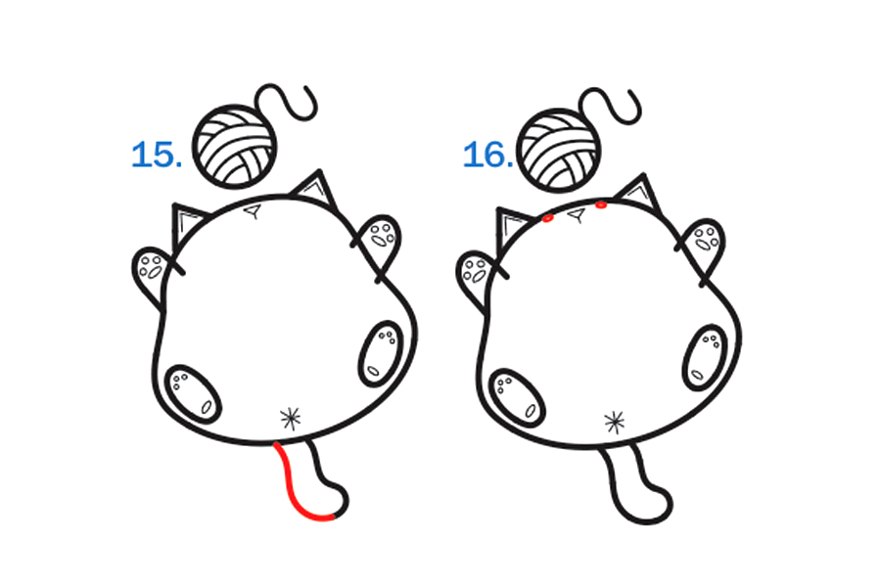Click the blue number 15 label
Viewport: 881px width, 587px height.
click(157, 155)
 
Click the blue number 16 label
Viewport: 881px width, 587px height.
click(487, 155)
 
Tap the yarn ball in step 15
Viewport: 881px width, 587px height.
click(235, 146)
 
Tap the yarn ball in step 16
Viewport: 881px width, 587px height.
click(559, 150)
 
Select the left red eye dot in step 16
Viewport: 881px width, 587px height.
click(548, 218)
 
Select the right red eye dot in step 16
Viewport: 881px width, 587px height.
click(601, 205)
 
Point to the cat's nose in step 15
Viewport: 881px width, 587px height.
click(253, 211)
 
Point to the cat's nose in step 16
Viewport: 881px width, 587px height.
click(577, 214)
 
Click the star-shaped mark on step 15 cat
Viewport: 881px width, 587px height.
click(291, 419)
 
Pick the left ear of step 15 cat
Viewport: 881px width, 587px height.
click(188, 224)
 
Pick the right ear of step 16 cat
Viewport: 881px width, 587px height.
click(639, 195)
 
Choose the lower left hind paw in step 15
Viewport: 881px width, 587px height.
click(193, 393)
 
